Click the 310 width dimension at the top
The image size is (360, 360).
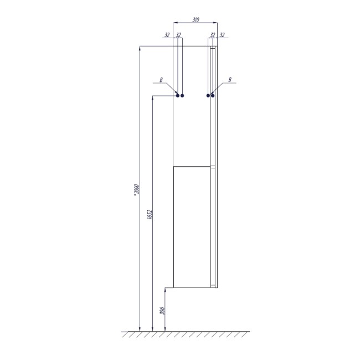click(x=196, y=20)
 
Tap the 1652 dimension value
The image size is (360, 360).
click(x=150, y=214)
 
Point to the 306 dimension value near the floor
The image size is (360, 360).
click(x=162, y=311)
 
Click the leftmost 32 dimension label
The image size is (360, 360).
click(x=167, y=35)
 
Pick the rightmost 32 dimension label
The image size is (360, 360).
click(x=222, y=35)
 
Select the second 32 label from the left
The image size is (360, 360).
click(x=178, y=35)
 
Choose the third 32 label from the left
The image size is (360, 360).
click(x=213, y=35)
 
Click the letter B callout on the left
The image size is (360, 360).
click(x=161, y=80)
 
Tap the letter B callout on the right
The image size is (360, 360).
click(x=230, y=80)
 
